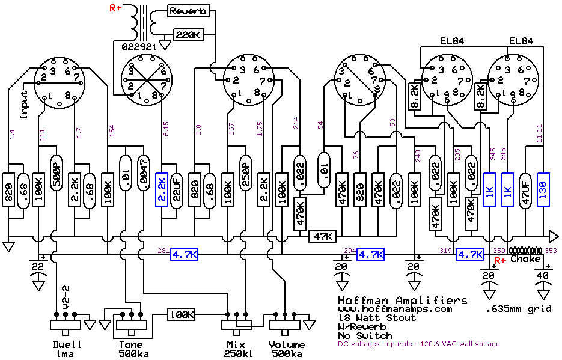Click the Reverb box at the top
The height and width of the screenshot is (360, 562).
pos(188,11)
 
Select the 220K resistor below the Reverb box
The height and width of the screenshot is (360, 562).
pos(189,35)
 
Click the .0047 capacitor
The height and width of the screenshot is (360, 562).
pos(143,173)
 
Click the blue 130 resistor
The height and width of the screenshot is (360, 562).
pos(543,189)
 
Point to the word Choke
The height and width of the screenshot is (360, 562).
pos(525,259)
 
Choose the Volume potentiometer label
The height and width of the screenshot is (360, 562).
pos(287,345)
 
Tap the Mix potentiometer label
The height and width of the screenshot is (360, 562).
pos(235,345)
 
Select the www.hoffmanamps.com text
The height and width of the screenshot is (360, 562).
pos(394,309)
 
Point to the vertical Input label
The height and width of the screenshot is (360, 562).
pos(25,106)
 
